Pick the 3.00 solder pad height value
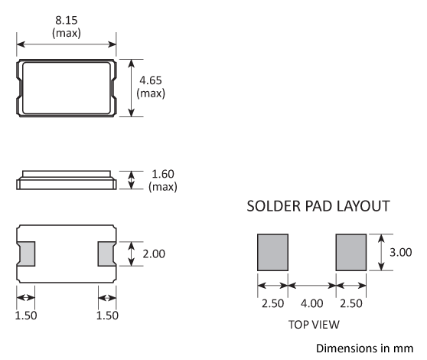(x=402, y=252)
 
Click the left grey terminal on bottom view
(x=26, y=253)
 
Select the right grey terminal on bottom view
(x=106, y=253)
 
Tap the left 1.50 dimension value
(x=26, y=316)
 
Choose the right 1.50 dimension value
(x=106, y=316)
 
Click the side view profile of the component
(x=67, y=181)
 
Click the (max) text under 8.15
(x=67, y=34)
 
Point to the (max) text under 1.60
(x=161, y=187)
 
